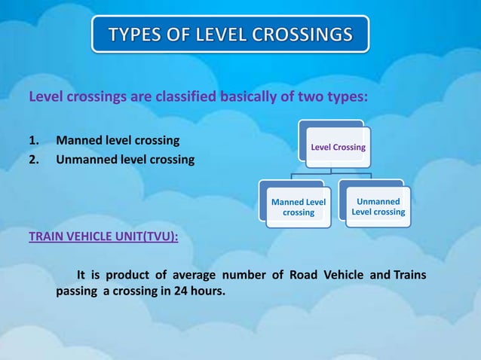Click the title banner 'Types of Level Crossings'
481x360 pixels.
tap(231, 34)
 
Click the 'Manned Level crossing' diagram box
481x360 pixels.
tap(299, 207)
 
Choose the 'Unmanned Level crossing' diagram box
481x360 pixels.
tap(378, 206)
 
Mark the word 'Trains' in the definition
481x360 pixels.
tap(409, 274)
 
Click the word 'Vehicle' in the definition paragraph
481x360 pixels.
tap(341, 274)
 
